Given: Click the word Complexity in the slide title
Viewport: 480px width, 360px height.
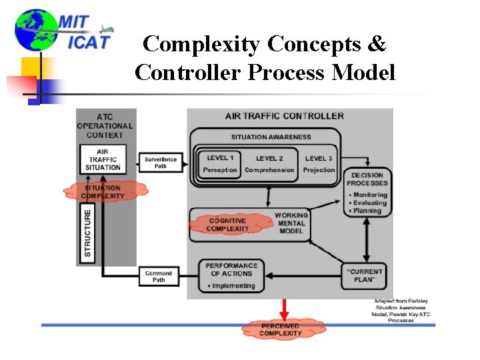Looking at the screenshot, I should [x=201, y=44].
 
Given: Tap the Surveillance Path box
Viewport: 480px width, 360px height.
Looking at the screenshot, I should [x=160, y=163].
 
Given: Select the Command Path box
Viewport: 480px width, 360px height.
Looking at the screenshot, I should [x=159, y=276].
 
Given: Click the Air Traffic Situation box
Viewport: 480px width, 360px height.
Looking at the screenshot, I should [x=103, y=160].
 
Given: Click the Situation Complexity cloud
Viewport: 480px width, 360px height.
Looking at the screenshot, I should [x=103, y=192].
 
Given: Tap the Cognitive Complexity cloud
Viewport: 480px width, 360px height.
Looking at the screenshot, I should [x=227, y=225].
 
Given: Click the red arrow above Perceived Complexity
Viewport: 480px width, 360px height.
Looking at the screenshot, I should [x=285, y=309].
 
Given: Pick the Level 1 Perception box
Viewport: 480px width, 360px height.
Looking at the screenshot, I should [x=220, y=164].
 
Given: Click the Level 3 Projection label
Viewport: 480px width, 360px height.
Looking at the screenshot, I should [x=319, y=164].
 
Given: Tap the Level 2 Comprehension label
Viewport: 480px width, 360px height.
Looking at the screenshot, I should [x=269, y=164].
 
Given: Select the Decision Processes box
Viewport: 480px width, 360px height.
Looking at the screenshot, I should [x=367, y=193].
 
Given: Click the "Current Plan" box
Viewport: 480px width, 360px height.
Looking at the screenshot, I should [x=367, y=275].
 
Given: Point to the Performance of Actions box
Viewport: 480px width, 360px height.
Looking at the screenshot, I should [x=231, y=275].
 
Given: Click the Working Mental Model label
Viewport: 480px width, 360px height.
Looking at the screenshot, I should [x=291, y=223].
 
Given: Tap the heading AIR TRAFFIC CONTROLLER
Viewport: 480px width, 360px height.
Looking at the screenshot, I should [x=285, y=116].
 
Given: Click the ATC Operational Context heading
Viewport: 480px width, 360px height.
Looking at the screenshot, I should [x=105, y=126].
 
